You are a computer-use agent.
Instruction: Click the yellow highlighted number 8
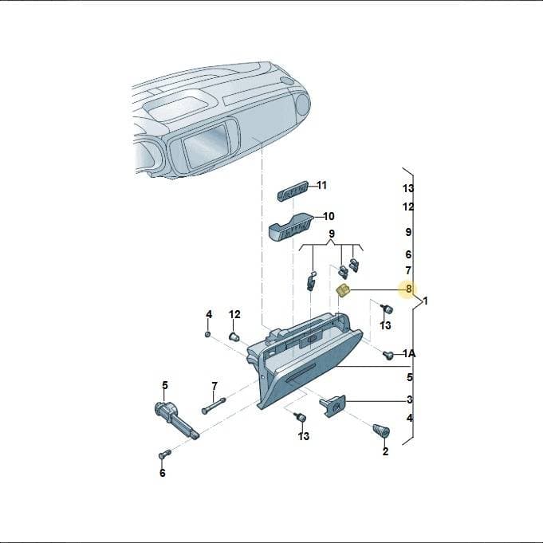pos(408,289)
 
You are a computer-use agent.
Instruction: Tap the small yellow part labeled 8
pos(343,290)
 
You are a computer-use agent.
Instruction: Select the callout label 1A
pos(409,353)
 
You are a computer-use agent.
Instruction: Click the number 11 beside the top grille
pos(321,186)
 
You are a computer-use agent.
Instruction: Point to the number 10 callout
pos(329,216)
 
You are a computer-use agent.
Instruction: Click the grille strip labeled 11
pos(293,191)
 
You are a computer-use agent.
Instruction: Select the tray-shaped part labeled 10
pos(291,226)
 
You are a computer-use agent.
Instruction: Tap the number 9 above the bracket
pos(332,234)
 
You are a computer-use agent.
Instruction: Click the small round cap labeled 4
pos(208,334)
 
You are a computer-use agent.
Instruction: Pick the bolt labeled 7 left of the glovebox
pos(214,405)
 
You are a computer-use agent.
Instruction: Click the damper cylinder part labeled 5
pos(176,419)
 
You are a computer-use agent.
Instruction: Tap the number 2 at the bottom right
pos(385,451)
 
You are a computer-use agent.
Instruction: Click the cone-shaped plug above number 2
pos(381,430)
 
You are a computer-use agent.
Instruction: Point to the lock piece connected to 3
pos(332,406)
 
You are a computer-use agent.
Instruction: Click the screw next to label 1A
pos(388,355)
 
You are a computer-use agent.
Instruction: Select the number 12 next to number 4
pos(234,314)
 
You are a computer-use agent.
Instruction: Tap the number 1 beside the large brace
pos(425,301)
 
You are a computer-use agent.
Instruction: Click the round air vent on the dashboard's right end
pos(302,104)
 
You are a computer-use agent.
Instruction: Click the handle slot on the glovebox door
pos(300,373)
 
